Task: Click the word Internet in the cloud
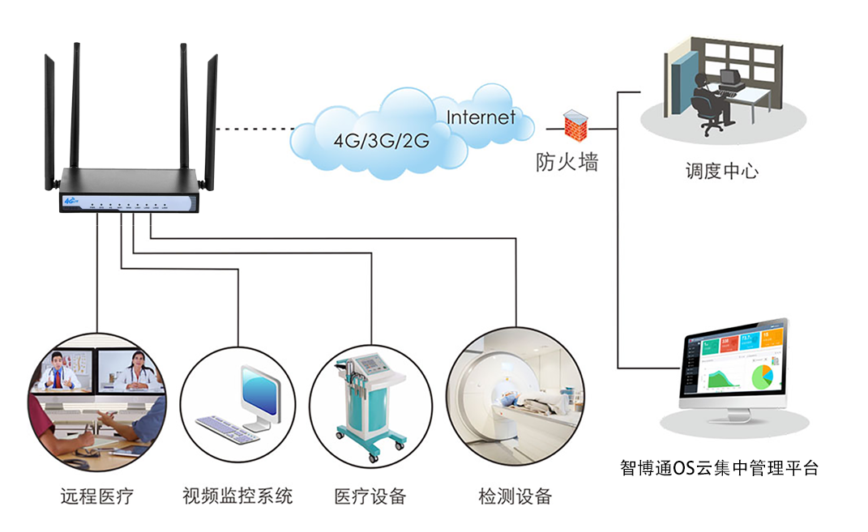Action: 481,117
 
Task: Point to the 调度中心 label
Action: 721,172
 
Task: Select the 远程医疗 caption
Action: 96,495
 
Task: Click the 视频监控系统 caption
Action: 237,495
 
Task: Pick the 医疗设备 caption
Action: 370,495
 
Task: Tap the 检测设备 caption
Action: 515,495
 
